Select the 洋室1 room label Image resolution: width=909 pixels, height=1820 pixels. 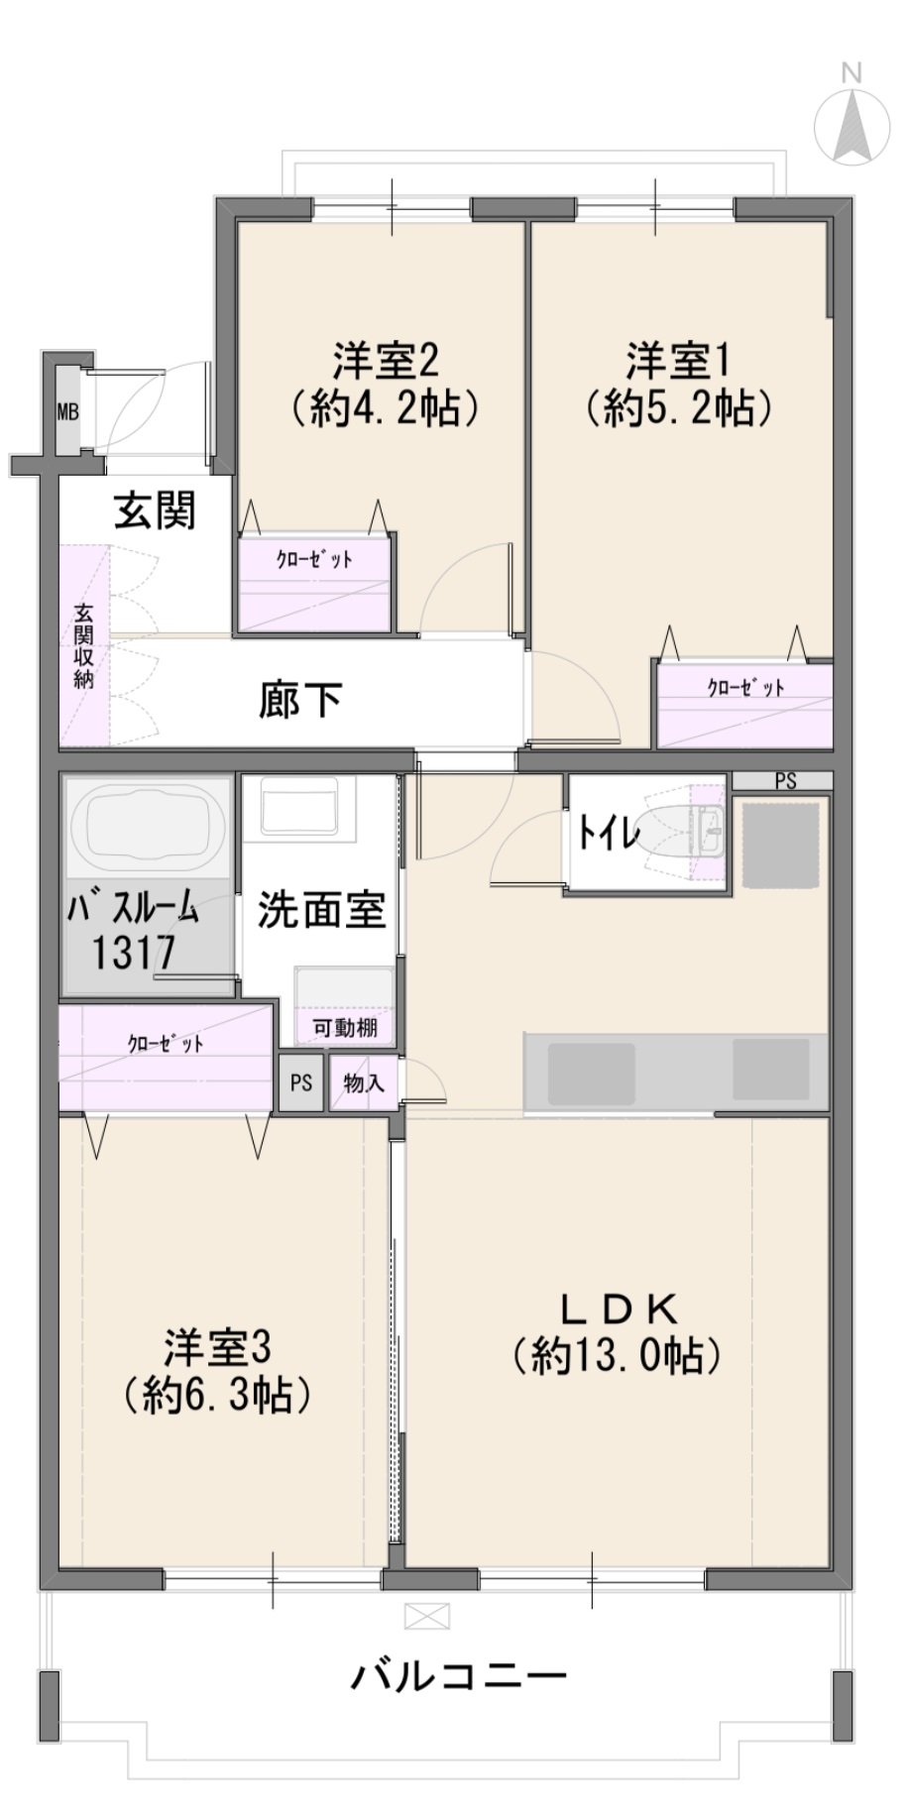678,361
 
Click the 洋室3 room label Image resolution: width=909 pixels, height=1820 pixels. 217,1348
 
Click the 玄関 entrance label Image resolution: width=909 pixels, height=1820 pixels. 156,511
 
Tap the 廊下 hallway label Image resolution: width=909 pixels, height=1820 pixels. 300,700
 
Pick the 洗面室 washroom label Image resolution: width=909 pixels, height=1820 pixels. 321,910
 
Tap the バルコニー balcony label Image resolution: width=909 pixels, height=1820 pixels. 460,1674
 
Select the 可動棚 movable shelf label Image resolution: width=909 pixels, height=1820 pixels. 345,1028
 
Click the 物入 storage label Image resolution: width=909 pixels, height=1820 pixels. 363,1082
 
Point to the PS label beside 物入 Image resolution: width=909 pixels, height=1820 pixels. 301,1082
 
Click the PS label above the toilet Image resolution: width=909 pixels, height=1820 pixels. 785,781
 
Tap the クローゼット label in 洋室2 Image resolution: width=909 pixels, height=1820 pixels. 314,560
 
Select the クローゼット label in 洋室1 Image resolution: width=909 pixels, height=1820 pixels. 745,688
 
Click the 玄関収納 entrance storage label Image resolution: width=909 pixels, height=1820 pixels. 83,645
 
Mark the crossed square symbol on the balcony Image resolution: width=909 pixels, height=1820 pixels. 427,1617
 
